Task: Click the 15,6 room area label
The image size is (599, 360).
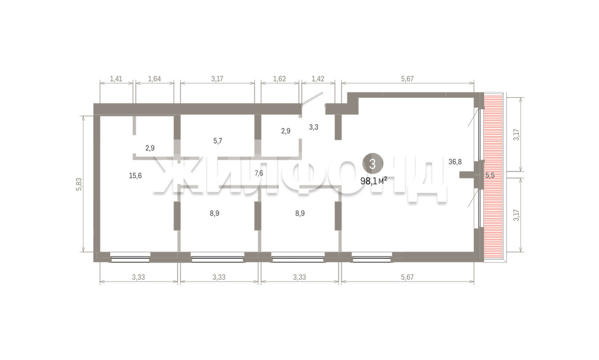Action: (x=135, y=176)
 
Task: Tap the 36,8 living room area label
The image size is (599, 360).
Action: (x=455, y=162)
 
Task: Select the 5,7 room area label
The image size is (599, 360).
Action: (x=218, y=141)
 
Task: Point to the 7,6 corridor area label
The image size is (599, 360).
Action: (x=259, y=173)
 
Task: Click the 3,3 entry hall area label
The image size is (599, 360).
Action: (x=313, y=127)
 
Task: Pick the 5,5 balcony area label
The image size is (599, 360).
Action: (x=490, y=176)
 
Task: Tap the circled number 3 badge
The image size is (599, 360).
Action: (x=372, y=164)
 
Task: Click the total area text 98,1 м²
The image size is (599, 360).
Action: (x=373, y=181)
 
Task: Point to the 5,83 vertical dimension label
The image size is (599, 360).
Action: (x=79, y=184)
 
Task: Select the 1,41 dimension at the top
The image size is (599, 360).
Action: (x=116, y=79)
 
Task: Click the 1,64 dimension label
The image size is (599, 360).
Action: (x=155, y=79)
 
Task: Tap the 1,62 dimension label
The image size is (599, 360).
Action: (x=280, y=79)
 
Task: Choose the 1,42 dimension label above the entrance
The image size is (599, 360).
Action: (x=318, y=79)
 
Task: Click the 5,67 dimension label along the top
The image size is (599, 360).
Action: (x=407, y=79)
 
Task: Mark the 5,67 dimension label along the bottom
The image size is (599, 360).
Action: (x=407, y=277)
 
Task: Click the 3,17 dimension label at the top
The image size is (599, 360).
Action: (x=217, y=79)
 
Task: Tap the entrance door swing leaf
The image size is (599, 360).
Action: (x=312, y=99)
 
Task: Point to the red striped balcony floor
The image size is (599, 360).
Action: (x=493, y=177)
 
